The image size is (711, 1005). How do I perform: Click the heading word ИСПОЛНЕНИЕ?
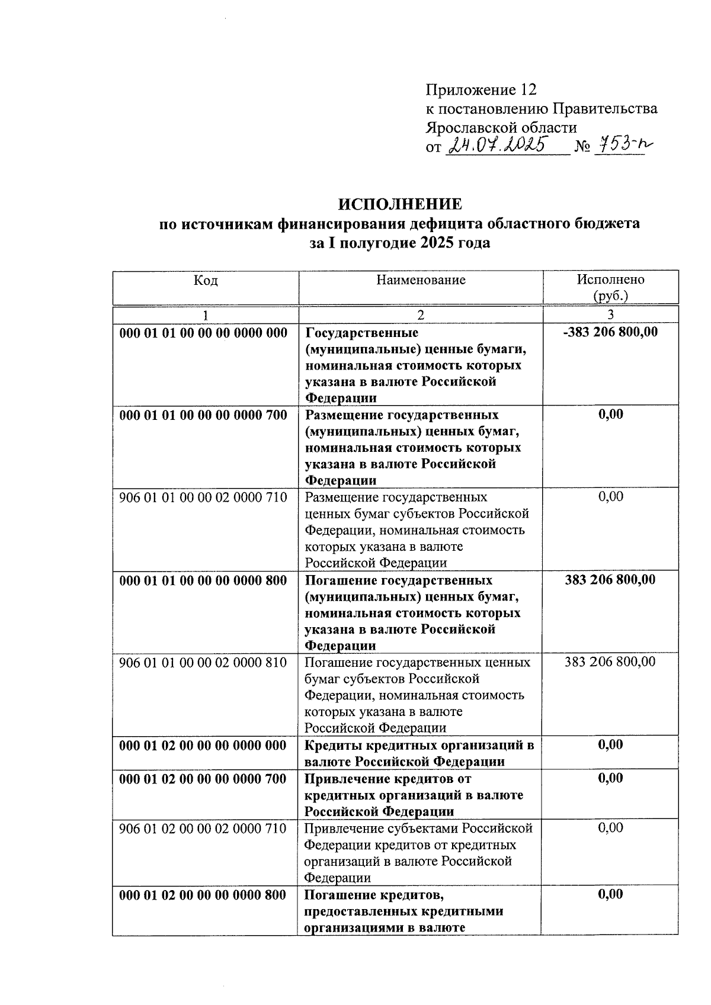click(400, 204)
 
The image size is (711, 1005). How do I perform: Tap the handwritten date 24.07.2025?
click(498, 145)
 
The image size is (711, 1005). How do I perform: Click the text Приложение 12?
click(481, 90)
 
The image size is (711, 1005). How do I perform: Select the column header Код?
click(206, 280)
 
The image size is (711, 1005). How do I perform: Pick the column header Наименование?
click(421, 280)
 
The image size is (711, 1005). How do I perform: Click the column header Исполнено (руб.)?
click(610, 287)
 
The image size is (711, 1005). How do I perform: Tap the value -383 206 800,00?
click(610, 332)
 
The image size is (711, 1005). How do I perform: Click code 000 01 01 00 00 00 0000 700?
click(203, 415)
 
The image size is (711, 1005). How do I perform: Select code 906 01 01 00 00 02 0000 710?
click(203, 497)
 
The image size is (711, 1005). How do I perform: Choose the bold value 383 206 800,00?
click(610, 579)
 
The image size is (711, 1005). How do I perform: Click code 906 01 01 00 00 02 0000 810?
click(203, 662)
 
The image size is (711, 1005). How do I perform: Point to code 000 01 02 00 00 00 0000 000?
click(203, 744)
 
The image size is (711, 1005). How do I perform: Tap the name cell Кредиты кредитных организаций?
click(419, 753)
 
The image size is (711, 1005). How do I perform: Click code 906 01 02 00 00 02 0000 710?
click(203, 827)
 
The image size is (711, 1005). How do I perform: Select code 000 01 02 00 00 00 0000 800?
click(203, 894)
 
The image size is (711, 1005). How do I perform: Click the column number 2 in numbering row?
click(421, 314)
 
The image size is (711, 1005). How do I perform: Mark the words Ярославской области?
click(501, 128)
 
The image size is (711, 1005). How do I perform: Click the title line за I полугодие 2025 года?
click(400, 243)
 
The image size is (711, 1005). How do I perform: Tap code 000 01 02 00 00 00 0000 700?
click(203, 778)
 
